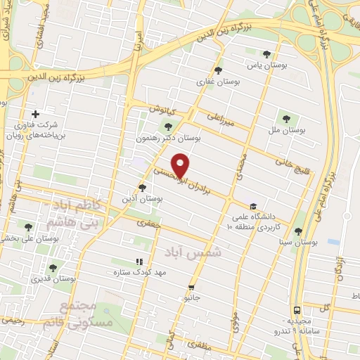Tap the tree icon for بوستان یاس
(x=266, y=54)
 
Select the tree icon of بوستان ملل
(x=285, y=117)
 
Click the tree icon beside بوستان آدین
(x=143, y=188)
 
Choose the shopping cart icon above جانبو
(x=191, y=288)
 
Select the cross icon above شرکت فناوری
(x=35, y=114)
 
